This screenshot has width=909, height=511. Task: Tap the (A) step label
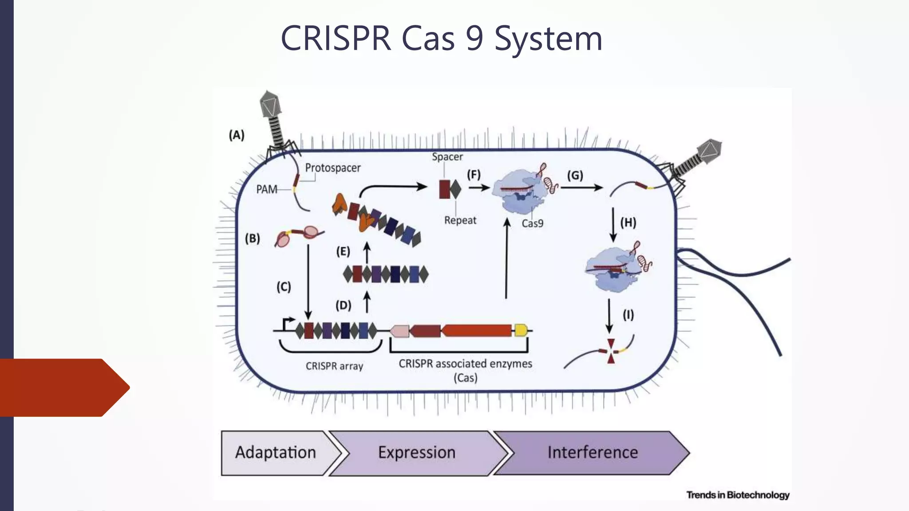(x=237, y=135)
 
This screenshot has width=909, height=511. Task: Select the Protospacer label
(x=332, y=168)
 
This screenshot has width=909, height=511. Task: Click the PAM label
(x=266, y=189)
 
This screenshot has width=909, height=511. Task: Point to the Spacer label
(x=447, y=157)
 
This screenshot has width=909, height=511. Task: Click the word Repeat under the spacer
(x=460, y=220)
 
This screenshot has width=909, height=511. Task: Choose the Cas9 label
(x=532, y=224)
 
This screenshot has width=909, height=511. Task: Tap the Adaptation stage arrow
(x=276, y=453)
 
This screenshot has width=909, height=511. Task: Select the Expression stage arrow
(x=417, y=453)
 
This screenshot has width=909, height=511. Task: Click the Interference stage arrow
(x=592, y=453)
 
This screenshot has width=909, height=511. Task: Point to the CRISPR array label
(x=334, y=366)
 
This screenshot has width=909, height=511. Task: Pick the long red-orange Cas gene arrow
(x=477, y=330)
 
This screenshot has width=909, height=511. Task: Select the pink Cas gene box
(x=399, y=331)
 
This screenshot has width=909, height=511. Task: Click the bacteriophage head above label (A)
(x=270, y=105)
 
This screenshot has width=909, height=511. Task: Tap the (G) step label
(x=575, y=176)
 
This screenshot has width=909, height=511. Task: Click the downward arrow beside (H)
(x=613, y=224)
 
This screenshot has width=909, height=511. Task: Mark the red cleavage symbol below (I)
(x=611, y=351)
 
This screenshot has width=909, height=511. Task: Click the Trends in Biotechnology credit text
(x=738, y=495)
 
